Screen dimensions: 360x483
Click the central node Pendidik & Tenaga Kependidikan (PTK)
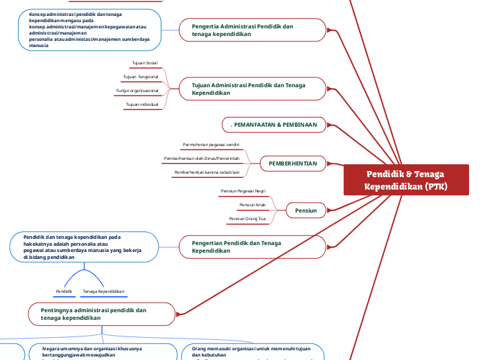tap(406, 180)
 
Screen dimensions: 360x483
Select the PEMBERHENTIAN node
tap(292, 164)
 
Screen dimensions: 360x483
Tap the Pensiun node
tap(306, 210)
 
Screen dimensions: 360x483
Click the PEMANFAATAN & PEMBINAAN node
tap(273, 125)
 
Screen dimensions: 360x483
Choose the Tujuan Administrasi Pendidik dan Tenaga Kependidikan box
tap(253, 88)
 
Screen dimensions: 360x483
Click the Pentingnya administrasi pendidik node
tap(102, 314)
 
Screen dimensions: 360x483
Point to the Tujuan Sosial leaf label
tap(144, 63)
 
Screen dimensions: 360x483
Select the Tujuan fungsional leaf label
tap(141, 77)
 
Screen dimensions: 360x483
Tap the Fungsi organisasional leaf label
tap(137, 91)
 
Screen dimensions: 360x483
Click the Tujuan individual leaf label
tap(142, 105)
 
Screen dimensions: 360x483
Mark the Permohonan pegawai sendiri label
tap(211, 145)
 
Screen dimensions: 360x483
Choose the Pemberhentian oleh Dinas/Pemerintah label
tap(202, 159)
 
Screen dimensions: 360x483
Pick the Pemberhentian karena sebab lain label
tap(207, 172)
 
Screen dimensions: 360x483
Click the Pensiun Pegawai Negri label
tap(243, 190)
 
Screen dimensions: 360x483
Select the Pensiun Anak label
tap(252, 205)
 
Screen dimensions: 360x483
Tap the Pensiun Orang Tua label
tap(247, 219)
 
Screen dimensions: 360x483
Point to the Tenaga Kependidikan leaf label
tap(103, 291)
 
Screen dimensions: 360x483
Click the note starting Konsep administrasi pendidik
tap(90, 30)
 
